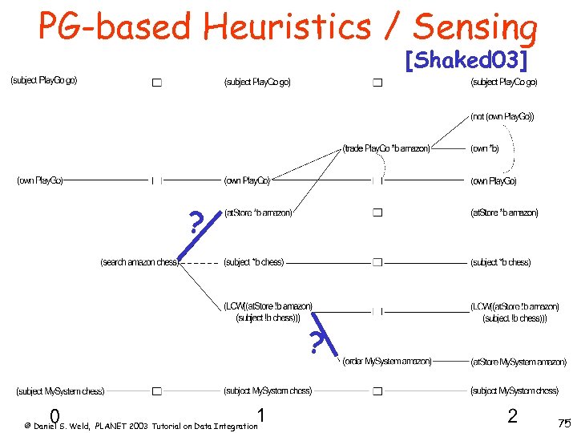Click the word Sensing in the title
point(475,27)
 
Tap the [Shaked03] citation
point(466,60)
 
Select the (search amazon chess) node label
point(139,262)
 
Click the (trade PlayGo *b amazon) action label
point(386,148)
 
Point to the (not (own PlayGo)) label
point(502,116)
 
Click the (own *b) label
point(484,148)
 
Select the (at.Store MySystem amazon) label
point(518,362)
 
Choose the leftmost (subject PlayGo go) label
point(43,80)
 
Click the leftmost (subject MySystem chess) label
point(61,391)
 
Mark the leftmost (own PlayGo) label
point(41,180)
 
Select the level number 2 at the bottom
point(512,415)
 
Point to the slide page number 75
point(563,423)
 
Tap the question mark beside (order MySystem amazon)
point(317,343)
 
